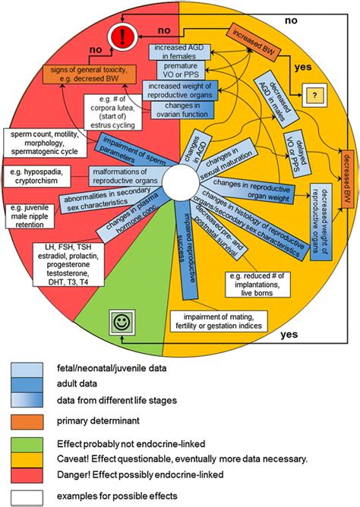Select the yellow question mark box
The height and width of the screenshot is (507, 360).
click(x=312, y=96)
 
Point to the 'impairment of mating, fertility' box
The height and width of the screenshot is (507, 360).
click(x=218, y=321)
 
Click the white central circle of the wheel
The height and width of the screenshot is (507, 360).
click(x=179, y=183)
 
